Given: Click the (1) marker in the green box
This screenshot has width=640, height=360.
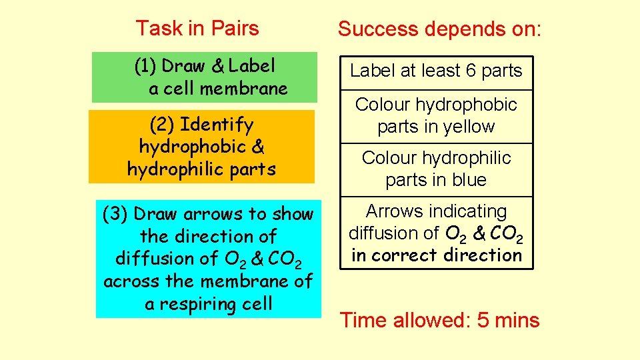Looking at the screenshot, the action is tap(145, 66).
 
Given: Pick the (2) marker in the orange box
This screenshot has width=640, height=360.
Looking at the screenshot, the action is tap(162, 125).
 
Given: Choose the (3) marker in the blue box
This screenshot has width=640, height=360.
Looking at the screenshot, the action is tap(115, 214).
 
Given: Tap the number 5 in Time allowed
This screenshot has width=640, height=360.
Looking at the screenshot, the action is tap(483, 321).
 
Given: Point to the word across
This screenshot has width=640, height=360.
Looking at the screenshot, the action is tap(133, 281).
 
